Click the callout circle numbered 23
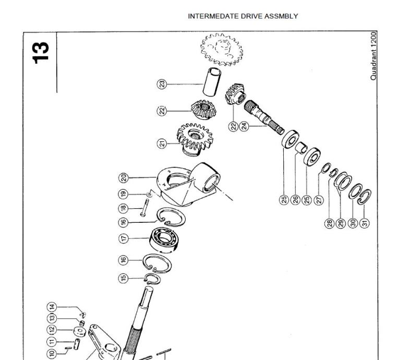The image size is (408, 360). [x=162, y=84]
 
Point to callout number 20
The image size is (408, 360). [x=124, y=178]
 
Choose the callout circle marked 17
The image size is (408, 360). [x=124, y=238]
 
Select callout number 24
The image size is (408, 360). [x=243, y=126]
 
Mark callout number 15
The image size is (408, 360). [x=124, y=278]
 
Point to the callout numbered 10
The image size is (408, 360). [x=52, y=354]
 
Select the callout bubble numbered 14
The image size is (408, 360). [x=52, y=307]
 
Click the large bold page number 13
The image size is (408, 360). [x=40, y=51]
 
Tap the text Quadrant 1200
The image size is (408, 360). [x=374, y=55]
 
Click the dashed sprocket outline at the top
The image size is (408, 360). [x=222, y=51]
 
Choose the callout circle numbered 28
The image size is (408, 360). [x=329, y=223]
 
